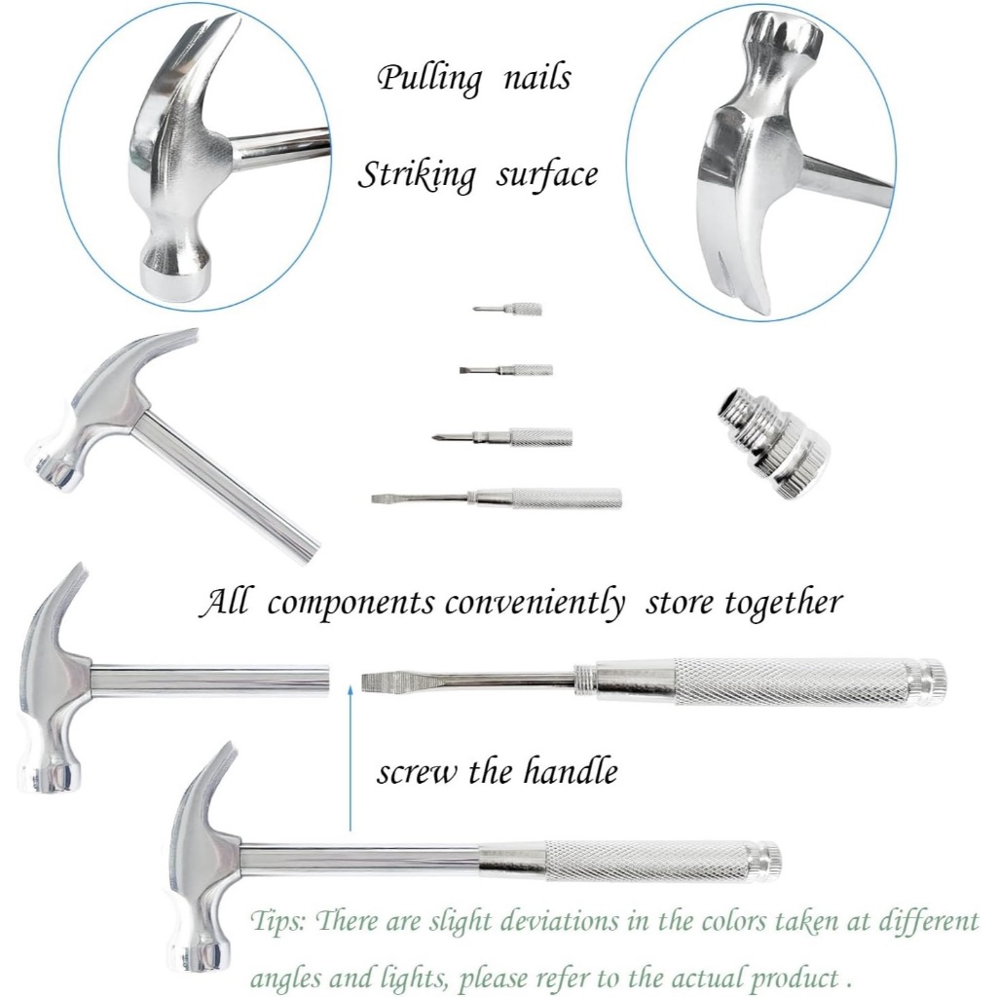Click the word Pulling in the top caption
(x=428, y=79)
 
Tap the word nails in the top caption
(x=535, y=77)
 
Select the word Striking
(x=417, y=175)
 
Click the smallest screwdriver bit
(x=508, y=310)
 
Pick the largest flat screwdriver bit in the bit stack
(x=497, y=498)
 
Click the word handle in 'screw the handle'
(x=570, y=772)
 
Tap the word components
(x=351, y=604)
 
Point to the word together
(x=783, y=604)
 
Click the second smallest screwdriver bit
(x=506, y=370)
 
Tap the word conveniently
(x=535, y=604)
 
